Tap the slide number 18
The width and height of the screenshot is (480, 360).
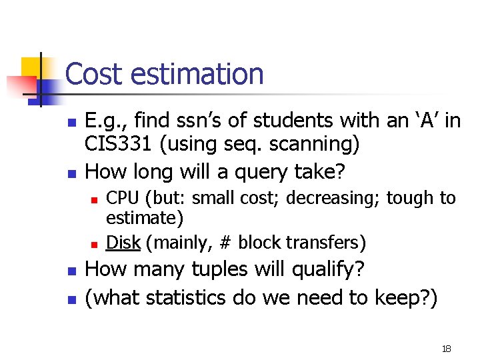coord(446,349)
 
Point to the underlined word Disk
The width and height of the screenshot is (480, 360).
coord(123,243)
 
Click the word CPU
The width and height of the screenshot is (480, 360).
coord(123,198)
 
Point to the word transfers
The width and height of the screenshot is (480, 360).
coord(329,243)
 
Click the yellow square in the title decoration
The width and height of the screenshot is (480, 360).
coord(31,67)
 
